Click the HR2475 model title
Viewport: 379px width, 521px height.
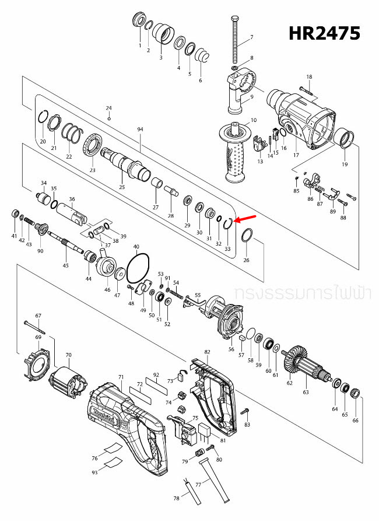[325, 33]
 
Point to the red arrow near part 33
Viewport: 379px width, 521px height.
[245, 218]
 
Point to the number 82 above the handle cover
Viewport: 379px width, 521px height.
[207, 352]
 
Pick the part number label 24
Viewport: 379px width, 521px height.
[108, 108]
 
